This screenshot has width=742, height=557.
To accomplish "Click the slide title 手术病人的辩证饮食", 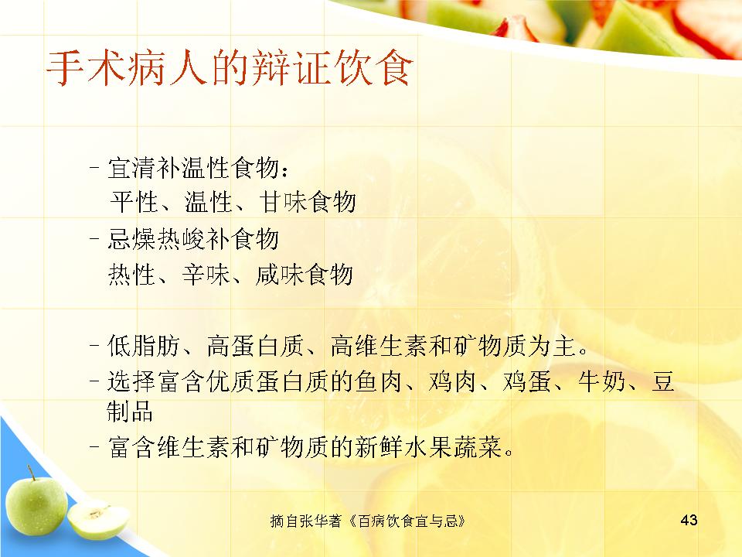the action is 230,69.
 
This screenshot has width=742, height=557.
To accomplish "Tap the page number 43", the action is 689,520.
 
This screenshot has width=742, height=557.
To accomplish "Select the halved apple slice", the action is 98,520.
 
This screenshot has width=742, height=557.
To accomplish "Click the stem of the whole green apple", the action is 31,472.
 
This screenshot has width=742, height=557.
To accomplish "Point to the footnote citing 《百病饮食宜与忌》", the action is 368,521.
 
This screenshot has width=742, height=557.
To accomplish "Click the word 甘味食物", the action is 308,202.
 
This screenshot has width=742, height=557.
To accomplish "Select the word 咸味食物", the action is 305,275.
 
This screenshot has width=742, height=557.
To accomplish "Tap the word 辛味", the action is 206,275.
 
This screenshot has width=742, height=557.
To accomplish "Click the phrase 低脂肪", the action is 144,345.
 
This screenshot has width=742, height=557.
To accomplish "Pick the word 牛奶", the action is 602,381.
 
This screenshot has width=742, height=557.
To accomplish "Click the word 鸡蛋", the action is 527,381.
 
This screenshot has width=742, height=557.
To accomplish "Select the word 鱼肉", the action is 379,381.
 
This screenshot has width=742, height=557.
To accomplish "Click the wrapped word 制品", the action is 130,411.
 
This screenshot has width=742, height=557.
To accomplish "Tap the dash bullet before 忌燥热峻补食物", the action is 94,239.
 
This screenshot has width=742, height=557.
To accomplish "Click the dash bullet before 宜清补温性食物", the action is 94,168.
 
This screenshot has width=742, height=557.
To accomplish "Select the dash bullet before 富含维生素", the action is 94,446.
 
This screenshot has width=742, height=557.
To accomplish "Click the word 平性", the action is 134,202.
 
